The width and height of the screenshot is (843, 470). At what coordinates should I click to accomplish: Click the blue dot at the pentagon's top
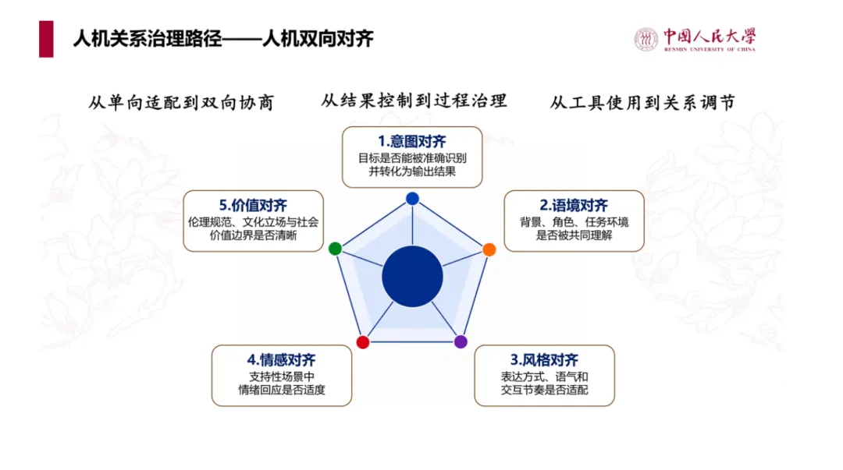pos(412,199)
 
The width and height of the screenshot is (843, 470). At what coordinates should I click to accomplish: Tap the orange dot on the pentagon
pos(489,249)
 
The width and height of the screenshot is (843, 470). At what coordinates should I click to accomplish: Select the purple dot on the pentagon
pos(461,341)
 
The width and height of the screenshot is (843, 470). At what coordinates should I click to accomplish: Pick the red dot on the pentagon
pos(363,342)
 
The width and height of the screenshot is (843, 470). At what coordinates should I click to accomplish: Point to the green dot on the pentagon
pos(335,248)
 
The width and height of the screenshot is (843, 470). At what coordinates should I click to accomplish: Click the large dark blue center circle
pos(412,277)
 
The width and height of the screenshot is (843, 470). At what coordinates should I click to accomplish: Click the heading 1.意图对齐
pos(412,141)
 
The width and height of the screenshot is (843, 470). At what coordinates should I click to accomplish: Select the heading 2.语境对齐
pos(574,205)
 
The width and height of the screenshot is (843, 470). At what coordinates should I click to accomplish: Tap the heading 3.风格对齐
pos(544,360)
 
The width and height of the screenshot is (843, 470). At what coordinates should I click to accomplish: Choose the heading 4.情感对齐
pos(281,360)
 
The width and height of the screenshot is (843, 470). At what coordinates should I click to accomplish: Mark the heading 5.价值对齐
pos(253,205)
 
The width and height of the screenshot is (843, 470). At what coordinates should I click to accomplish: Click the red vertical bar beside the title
pos(46,39)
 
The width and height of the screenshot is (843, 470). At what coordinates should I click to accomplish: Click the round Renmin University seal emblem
pos(646,40)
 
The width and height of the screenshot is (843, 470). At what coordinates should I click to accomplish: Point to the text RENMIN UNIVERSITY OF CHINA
pos(710,49)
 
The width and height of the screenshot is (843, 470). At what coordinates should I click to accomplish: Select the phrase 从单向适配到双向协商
pos(181,103)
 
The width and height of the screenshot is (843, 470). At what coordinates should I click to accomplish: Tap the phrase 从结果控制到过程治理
pos(414,101)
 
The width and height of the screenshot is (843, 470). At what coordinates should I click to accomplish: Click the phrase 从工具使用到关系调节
pos(642,103)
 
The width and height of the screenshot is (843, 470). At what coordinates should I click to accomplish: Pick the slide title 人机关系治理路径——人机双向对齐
pos(223,39)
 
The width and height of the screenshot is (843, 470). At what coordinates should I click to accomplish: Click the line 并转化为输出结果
pos(412,171)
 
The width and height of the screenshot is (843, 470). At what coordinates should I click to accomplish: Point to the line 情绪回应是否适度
pos(282,390)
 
